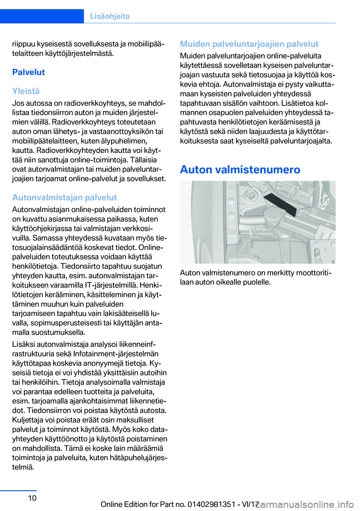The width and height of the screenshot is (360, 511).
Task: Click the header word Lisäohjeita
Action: (109, 16)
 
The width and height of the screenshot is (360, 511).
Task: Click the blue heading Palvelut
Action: (28, 72)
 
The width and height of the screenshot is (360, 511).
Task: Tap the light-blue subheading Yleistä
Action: (26, 91)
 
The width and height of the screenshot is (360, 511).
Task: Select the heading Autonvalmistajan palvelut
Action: (64, 197)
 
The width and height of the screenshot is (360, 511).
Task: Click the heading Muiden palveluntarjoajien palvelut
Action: (249, 44)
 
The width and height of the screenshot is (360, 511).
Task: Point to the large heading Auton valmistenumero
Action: (240, 170)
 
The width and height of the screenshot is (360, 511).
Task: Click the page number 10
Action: (32, 498)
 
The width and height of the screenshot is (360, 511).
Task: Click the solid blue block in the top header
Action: (42, 16)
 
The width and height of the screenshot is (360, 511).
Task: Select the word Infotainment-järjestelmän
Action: (116, 354)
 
